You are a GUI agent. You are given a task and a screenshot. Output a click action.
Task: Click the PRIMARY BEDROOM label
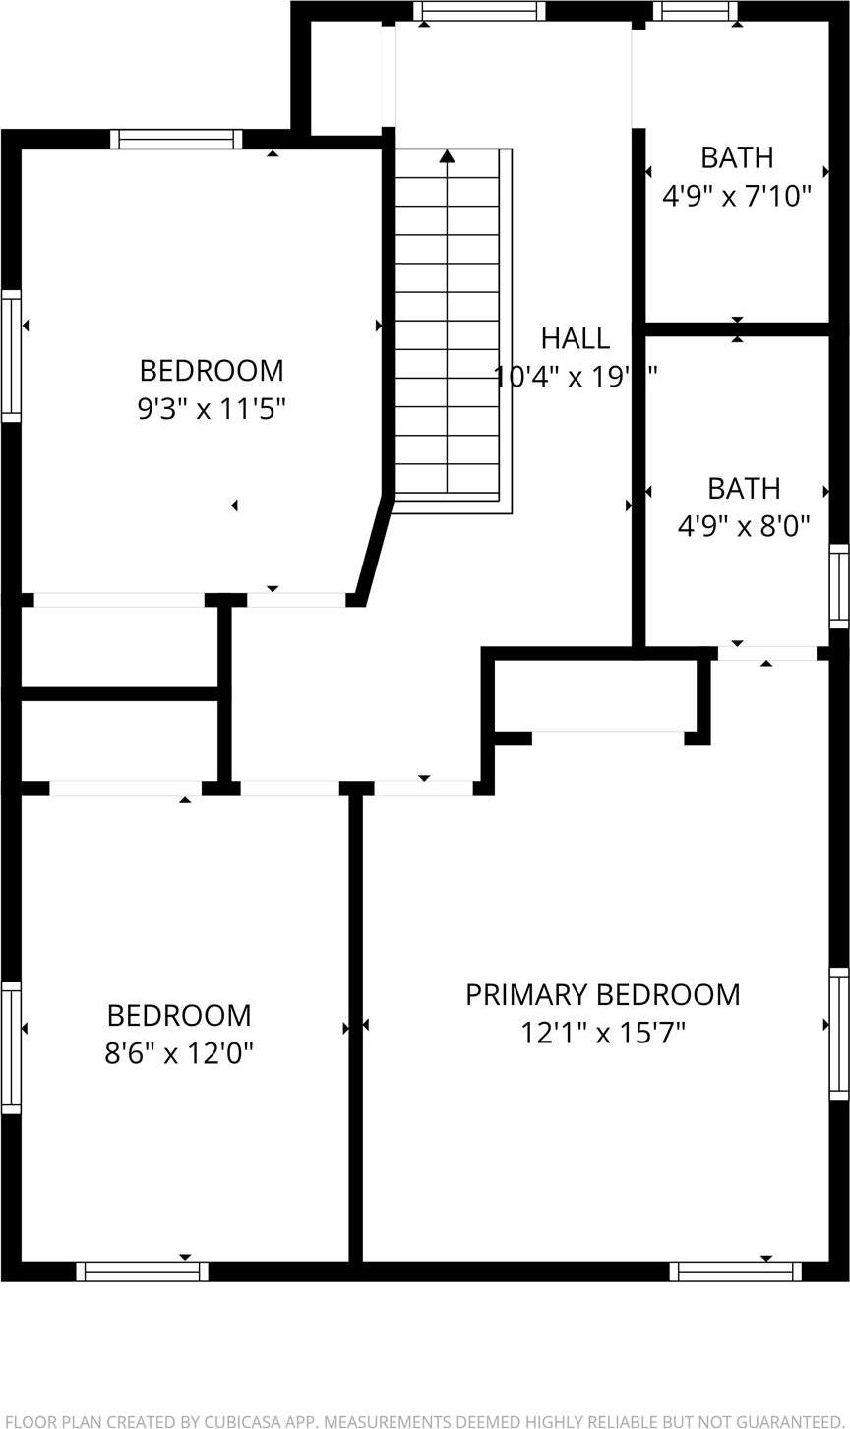[x=602, y=994]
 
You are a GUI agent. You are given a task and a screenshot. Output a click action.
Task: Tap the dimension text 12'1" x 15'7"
[x=602, y=1033]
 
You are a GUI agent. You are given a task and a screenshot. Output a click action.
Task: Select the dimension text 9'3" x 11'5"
[x=212, y=408]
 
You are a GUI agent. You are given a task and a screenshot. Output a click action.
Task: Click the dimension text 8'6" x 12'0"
[x=179, y=1053]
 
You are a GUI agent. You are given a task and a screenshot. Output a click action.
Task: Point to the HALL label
[x=575, y=338]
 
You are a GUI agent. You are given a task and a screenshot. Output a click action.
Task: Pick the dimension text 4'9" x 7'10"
[x=736, y=196]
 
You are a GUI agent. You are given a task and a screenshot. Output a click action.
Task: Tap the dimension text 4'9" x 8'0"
[x=743, y=525]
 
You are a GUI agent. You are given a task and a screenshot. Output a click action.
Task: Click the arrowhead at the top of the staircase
[x=448, y=155]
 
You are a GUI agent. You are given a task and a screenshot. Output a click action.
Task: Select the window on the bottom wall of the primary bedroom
[x=736, y=1272]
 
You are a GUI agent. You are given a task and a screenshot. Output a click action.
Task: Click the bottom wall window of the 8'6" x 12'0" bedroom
[x=143, y=1272]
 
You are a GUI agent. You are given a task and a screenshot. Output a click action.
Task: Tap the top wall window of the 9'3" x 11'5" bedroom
[x=176, y=139]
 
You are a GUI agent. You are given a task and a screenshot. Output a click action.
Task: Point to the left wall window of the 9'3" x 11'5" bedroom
[x=11, y=356]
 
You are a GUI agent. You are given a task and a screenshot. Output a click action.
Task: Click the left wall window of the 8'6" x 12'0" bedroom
[x=11, y=1048]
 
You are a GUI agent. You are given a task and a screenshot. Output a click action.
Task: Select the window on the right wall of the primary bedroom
[x=839, y=1033]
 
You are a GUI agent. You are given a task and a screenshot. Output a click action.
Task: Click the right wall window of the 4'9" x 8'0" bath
[x=839, y=586]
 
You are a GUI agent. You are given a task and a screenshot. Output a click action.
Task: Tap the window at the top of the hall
[x=479, y=11]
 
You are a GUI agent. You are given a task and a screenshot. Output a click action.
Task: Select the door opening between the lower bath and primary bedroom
[x=766, y=653]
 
